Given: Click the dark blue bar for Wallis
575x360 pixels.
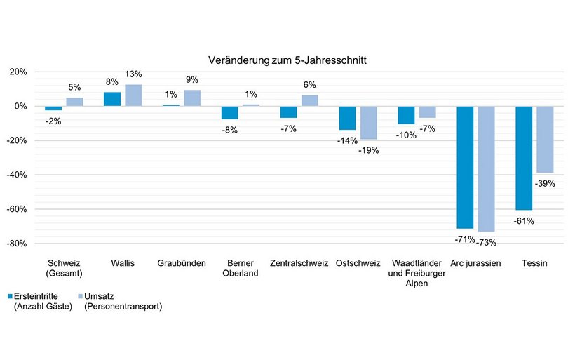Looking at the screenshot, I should [112, 99].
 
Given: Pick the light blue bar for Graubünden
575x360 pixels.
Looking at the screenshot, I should [192, 98].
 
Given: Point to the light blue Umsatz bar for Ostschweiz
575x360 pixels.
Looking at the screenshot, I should [368, 123].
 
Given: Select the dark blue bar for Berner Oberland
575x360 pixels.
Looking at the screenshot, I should [229, 113].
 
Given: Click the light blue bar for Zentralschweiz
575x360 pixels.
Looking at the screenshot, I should [310, 100].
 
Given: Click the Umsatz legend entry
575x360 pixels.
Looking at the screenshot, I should [122, 301].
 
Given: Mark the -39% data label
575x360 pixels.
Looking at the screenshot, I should [545, 183].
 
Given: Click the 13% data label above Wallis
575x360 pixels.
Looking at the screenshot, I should [134, 74].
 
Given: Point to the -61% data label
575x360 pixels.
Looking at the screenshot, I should [524, 221].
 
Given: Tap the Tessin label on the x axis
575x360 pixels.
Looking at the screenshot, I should [534, 263].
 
